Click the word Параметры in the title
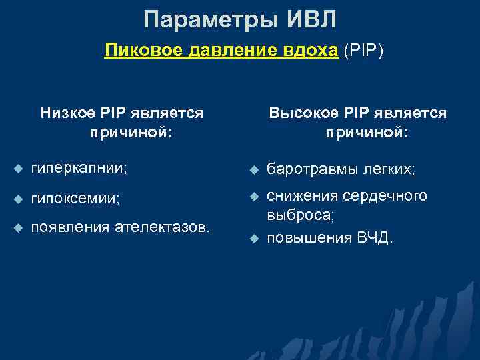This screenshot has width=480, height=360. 207,19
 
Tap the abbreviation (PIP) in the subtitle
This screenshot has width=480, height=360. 364,51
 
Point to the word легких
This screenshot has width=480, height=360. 389,171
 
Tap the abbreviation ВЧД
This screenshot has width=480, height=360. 374,238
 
